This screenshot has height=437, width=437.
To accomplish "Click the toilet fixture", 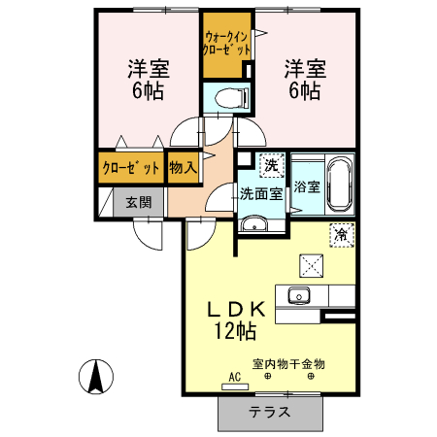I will pos(225,98).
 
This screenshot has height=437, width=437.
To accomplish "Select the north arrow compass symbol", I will pos(95,377).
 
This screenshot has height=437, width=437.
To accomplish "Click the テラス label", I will pos(269,411).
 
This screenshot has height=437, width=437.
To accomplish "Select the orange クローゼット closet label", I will pos(130,167).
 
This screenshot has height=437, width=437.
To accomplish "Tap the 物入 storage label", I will pos(183,167).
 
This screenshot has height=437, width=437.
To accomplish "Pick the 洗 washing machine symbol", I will pos(272,164).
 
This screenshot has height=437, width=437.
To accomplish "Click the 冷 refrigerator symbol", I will pos(342,233).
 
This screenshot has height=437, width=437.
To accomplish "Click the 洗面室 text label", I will pos(261,192).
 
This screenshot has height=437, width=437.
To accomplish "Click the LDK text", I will pos(233,310).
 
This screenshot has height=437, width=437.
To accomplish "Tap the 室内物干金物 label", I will pos(288,363).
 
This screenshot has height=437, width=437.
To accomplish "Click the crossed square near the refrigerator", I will pos(313,262).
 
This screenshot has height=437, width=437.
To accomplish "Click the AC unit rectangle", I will pos(235,386).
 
